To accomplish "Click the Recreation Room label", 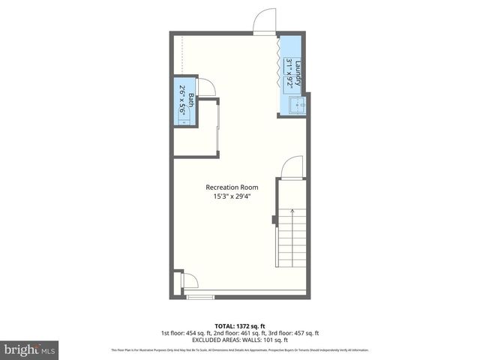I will pyautogui.click(x=232, y=187).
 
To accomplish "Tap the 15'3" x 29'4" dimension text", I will pyautogui.click(x=232, y=197).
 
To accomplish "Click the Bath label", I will pyautogui.click(x=190, y=100).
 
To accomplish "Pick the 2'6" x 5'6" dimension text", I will pyautogui.click(x=182, y=100).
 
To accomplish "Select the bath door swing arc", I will pyautogui.click(x=209, y=88).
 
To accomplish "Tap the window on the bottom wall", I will pyautogui.click(x=199, y=297).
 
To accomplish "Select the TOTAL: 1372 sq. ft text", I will pyautogui.click(x=239, y=325).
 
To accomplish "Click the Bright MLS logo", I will pyautogui.click(x=30, y=349).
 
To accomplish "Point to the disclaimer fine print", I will pyautogui.click(x=239, y=349).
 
